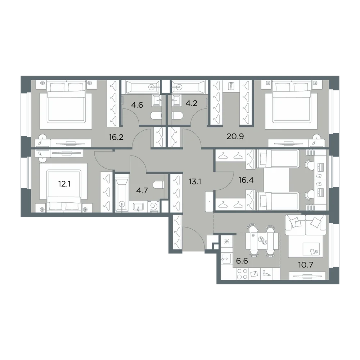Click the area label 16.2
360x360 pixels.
[x=116, y=137]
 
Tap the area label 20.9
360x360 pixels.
[x=235, y=136]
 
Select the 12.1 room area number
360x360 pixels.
[x=64, y=184]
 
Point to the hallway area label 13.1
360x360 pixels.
[x=195, y=182]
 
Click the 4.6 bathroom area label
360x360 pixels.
[x=137, y=105]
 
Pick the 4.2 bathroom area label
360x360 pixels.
[x=192, y=103]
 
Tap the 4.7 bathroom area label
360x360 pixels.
[x=142, y=190]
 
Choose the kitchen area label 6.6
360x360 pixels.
[x=242, y=261]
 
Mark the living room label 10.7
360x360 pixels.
[x=306, y=265]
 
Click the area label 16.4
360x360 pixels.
[x=246, y=180]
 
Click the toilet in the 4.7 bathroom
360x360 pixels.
[x=158, y=184]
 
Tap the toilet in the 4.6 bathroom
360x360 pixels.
[x=156, y=116]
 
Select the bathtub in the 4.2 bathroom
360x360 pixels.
[x=188, y=87]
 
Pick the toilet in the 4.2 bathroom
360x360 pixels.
[x=177, y=116]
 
